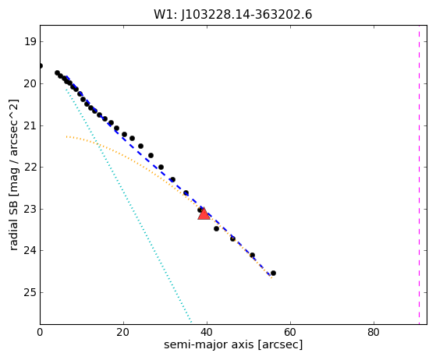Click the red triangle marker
point(204,214)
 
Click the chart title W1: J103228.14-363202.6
point(233,14)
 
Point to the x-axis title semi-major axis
point(208,344)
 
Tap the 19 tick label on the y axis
point(30,41)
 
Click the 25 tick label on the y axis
point(30,292)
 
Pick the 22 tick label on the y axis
point(30,168)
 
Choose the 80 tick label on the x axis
point(374,332)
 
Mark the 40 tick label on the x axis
point(207,332)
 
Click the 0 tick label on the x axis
point(40,332)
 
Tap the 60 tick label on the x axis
point(290,332)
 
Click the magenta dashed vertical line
point(419,175)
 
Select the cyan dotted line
point(129,206)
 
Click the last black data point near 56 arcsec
point(273,273)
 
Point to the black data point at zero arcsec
point(41,65)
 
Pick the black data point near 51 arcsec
point(252,255)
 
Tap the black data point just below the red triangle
point(216,228)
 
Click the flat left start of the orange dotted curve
point(67,136)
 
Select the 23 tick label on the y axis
point(30,209)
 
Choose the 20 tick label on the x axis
point(123,332)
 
